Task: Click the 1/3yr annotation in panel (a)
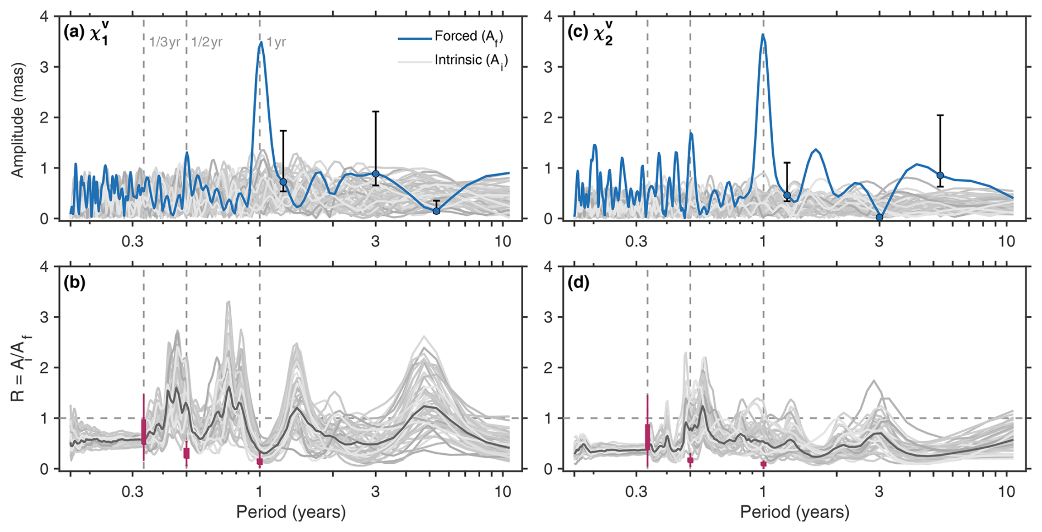tap(164, 42)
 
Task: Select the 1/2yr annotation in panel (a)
tap(207, 42)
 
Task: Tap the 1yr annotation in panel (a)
tap(276, 42)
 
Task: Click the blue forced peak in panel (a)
tap(260, 42)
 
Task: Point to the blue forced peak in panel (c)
tap(763, 35)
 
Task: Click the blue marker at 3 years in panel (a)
tap(376, 174)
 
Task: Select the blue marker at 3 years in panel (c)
tap(880, 218)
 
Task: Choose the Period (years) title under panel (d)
tap(794, 512)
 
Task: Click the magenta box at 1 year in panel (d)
tap(763, 464)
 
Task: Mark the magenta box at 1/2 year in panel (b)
tap(187, 453)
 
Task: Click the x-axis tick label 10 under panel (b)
tap(503, 491)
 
